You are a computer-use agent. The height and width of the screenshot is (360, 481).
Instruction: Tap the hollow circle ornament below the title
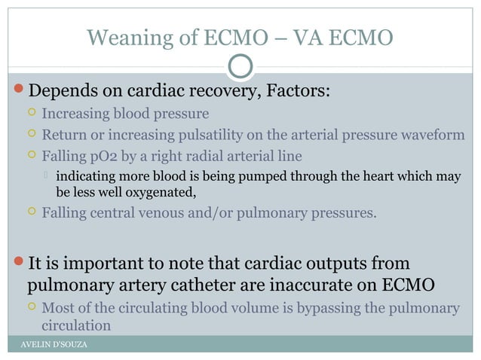[x=240, y=66]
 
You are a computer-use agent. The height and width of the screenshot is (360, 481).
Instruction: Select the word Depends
[x=60, y=92]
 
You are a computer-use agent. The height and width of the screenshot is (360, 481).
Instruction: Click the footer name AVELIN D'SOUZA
[x=53, y=344]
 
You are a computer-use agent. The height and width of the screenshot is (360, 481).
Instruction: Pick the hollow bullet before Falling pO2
[x=31, y=157]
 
